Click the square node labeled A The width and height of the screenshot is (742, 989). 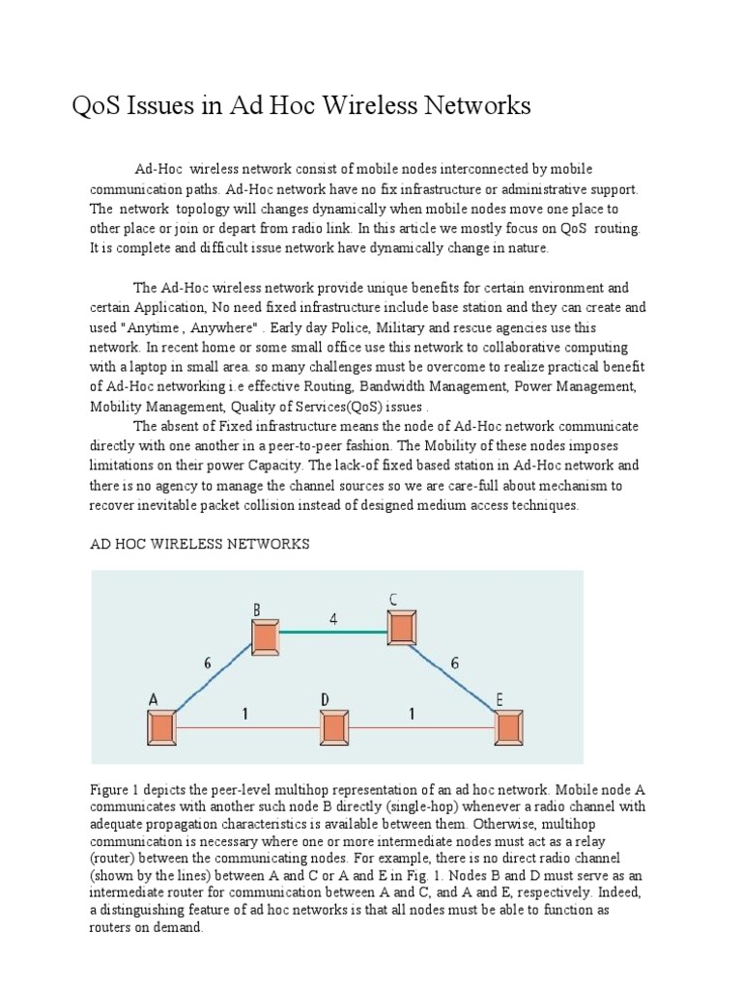tap(161, 726)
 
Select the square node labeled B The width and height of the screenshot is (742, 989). tap(266, 636)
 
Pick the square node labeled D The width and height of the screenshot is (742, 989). tap(333, 726)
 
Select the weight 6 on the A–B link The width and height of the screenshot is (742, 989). tap(207, 665)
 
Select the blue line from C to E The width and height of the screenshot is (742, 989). tap(452, 675)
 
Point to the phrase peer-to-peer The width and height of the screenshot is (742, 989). tap(337, 446)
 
